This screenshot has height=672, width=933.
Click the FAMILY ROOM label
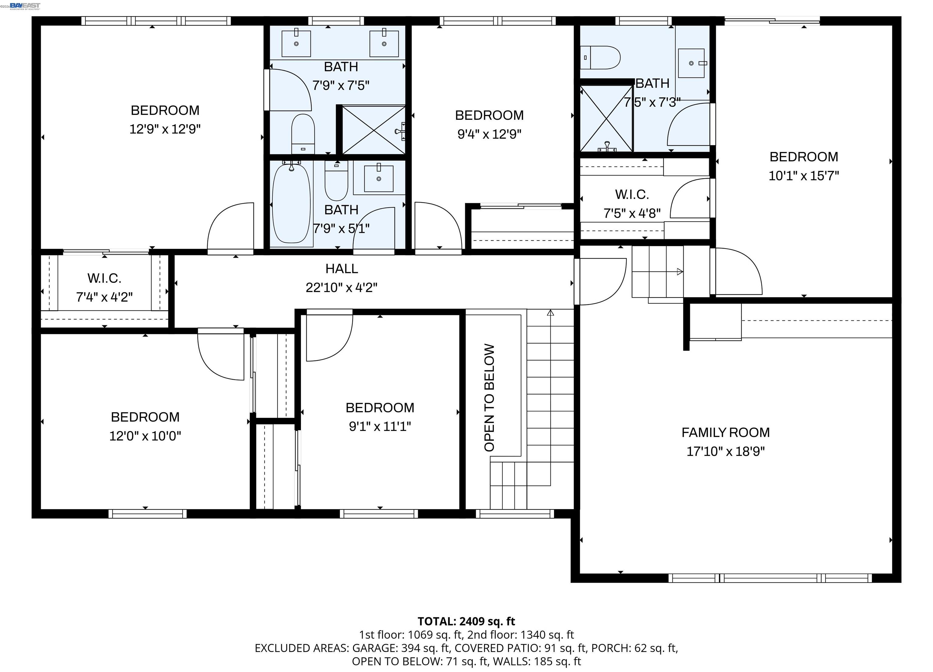[x=725, y=432]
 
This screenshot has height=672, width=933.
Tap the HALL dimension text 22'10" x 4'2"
[x=341, y=288]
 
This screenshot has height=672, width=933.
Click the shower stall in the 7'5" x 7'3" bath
[x=607, y=119]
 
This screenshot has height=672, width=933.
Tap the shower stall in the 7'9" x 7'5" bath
[x=374, y=130]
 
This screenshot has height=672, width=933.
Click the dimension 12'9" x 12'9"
[x=165, y=129]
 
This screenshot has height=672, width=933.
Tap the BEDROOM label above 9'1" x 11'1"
[x=380, y=408]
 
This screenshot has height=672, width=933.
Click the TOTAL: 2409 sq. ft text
[x=466, y=621]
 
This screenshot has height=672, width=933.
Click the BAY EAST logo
[x=25, y=5]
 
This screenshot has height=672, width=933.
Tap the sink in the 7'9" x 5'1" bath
[x=378, y=179]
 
